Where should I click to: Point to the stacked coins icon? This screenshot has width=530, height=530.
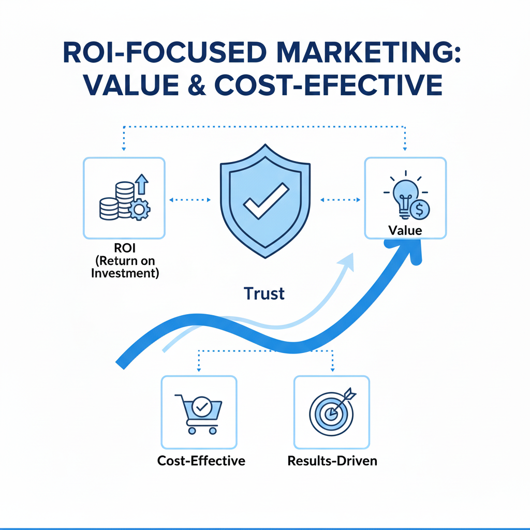(x=116, y=202)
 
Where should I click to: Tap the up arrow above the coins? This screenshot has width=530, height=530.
(x=141, y=183)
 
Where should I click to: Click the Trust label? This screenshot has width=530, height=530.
(x=264, y=294)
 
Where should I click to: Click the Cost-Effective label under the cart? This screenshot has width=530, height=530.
(x=201, y=460)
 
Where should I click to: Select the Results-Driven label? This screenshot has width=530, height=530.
(x=332, y=460)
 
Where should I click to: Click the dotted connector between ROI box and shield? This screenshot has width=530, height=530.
(x=189, y=199)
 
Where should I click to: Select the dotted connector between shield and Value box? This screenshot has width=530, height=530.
(x=340, y=199)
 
